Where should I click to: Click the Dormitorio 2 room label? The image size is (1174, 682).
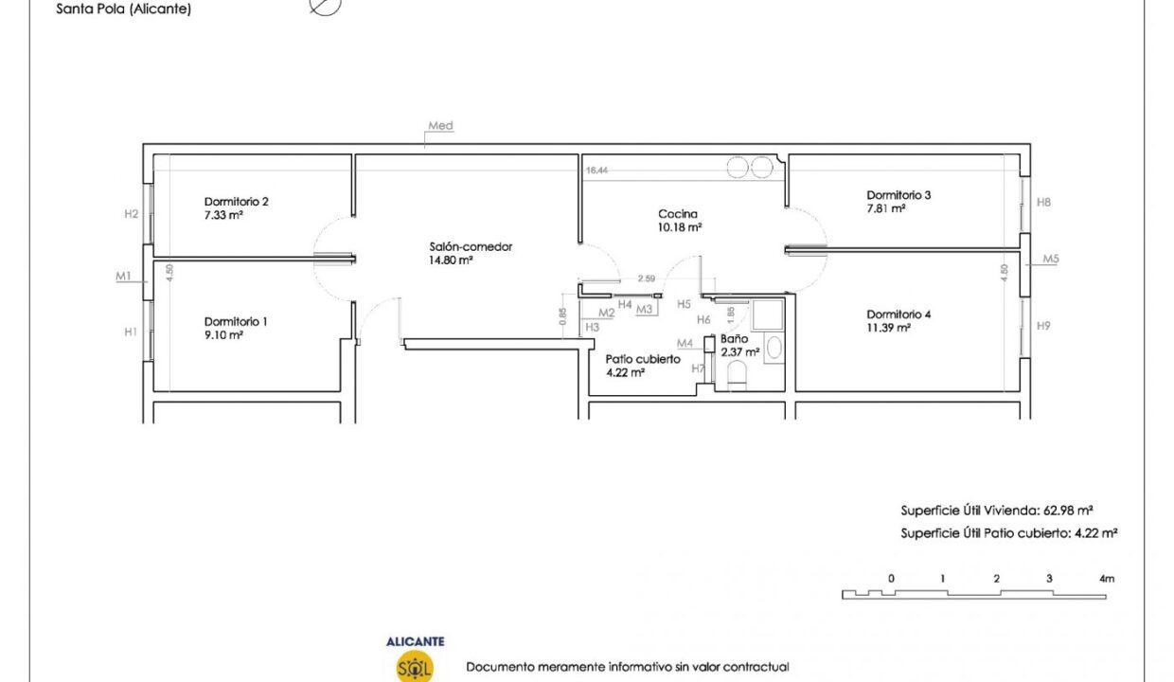[237, 202]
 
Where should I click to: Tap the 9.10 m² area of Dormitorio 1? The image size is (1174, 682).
[223, 335]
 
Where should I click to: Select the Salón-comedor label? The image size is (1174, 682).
[471, 246]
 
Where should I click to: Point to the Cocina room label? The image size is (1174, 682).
[678, 214]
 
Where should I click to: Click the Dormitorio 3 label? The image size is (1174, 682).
[898, 195]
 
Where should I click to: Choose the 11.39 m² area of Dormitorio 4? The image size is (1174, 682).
[888, 328]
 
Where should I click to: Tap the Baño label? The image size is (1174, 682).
[734, 339]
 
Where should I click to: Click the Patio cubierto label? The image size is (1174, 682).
[643, 359]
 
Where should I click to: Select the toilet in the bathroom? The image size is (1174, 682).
[737, 375]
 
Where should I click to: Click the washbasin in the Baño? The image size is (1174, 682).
[774, 347]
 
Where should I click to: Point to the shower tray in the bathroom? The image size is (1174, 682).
[767, 314]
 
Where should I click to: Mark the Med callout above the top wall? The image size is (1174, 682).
[440, 125]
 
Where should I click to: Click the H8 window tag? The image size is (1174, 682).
[1043, 203]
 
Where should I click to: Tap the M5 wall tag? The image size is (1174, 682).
[1050, 259]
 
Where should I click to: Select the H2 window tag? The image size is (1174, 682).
[131, 213]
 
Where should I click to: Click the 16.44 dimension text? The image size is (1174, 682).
[596, 170]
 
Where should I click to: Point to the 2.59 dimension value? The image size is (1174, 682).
[647, 278]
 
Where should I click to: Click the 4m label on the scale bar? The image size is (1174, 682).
[1107, 579]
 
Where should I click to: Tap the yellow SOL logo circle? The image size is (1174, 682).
[415, 666]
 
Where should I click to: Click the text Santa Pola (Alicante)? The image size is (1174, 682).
[124, 9]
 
